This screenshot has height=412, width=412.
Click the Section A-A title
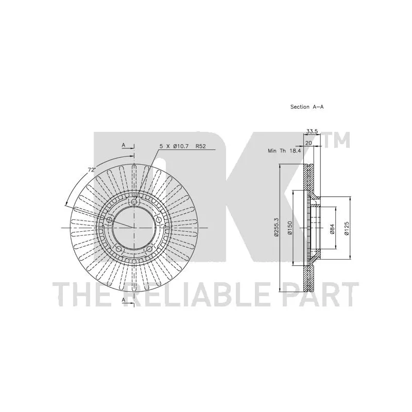[x=307, y=107]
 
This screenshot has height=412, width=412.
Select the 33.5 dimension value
[x=313, y=131]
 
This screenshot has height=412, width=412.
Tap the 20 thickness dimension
[x=308, y=143]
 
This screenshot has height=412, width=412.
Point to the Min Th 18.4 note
[x=284, y=151]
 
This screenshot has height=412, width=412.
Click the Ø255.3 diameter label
[x=276, y=228]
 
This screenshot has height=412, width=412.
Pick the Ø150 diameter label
[x=289, y=228]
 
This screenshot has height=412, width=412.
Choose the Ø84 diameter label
[x=332, y=229]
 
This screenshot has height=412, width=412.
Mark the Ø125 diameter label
[x=347, y=228]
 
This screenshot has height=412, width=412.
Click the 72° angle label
[x=91, y=170]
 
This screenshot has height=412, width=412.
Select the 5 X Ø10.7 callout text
[x=174, y=146]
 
